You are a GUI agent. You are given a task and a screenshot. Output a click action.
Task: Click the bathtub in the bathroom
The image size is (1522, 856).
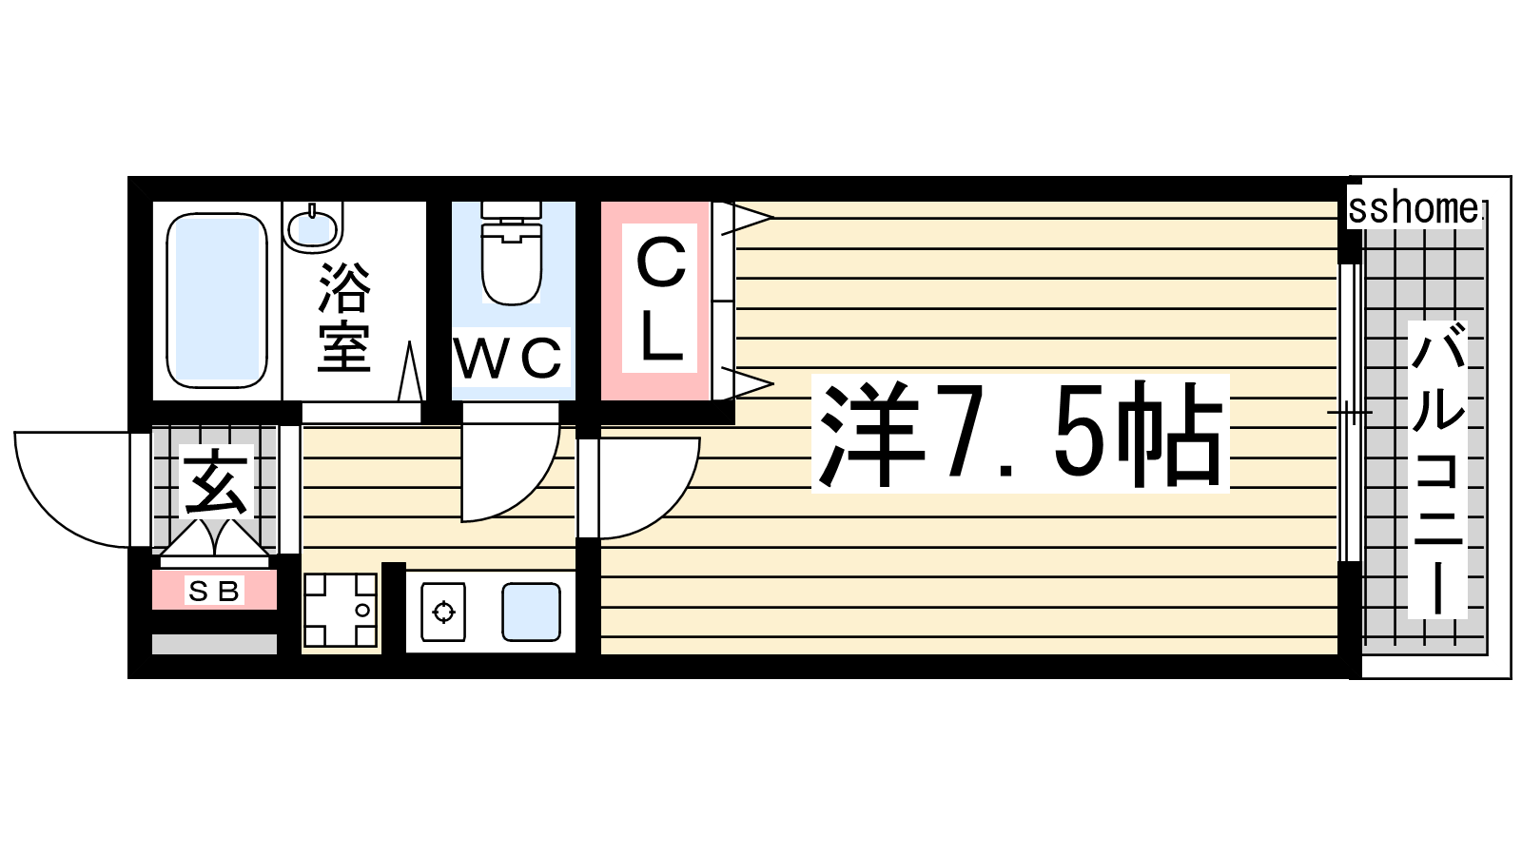pos(217,301)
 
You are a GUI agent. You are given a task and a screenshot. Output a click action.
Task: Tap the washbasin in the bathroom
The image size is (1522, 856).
pos(313,227)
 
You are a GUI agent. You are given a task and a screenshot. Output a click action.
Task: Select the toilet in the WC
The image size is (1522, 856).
pos(512,253)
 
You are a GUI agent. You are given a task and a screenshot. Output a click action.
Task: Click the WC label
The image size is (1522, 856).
pos(508,357)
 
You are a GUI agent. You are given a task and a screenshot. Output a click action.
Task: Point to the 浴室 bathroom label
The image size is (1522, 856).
pos(344,318)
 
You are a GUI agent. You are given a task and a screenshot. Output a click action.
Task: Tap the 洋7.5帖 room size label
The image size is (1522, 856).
pos(1020,434)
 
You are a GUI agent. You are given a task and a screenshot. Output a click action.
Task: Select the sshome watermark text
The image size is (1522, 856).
pos(1414,209)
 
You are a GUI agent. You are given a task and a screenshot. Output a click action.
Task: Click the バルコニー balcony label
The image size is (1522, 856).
pos(1437,469)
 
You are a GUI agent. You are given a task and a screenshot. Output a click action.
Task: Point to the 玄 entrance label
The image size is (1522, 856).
pos(216,482)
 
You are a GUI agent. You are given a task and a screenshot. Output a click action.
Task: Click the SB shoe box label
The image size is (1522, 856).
pos(214,591)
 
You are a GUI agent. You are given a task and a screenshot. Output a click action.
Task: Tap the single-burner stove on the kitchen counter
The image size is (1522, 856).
pos(443,612)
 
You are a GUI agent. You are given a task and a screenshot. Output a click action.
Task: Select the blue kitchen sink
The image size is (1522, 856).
pos(532,613)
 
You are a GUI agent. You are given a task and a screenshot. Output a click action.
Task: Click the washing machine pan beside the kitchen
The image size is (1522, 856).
pos(340,610)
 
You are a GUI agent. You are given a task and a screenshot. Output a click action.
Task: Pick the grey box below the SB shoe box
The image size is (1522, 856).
pos(214,644)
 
